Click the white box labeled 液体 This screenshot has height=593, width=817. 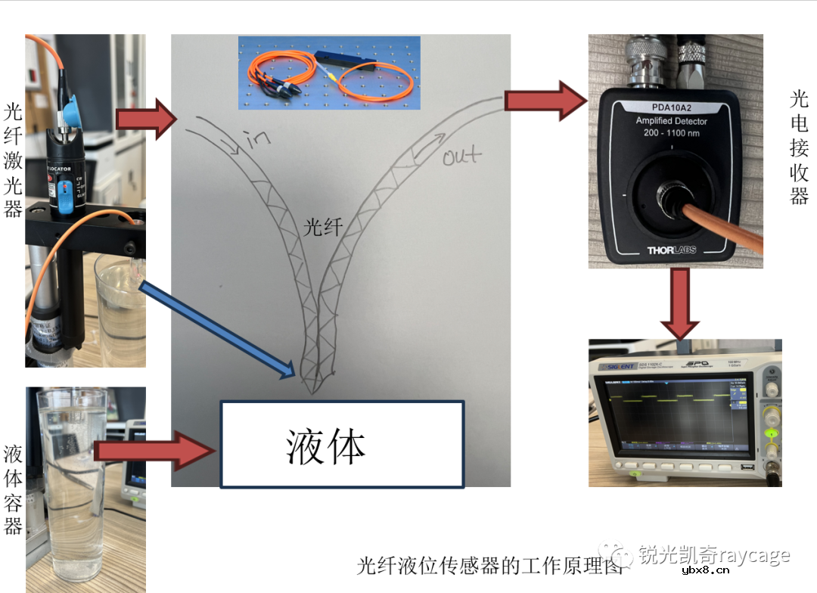click(341, 444)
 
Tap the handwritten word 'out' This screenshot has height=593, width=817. click(461, 157)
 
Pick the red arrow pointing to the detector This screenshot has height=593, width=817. click(545, 99)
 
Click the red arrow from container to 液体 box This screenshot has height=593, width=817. click(159, 451)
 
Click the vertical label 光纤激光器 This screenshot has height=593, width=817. click(13, 160)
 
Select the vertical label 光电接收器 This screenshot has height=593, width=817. click(799, 147)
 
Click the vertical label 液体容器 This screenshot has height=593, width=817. click(13, 490)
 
